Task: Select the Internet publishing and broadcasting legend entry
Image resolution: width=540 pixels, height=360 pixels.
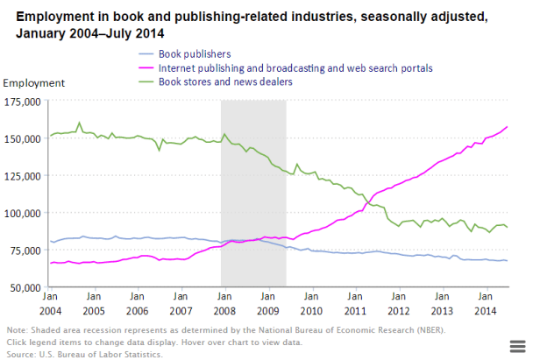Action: pos(295,67)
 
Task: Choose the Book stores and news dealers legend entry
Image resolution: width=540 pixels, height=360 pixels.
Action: pos(225,81)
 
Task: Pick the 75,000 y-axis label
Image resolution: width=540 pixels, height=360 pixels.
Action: pos(25,251)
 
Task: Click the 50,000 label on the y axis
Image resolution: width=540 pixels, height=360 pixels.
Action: pos(25,287)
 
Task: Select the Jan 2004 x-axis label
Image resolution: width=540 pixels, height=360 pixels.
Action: pos(50,305)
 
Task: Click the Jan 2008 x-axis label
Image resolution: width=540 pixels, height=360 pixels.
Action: pos(224,305)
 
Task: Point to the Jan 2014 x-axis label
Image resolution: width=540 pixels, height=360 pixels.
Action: pos(485,305)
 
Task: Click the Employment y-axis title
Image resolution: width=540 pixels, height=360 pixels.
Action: pos(34,83)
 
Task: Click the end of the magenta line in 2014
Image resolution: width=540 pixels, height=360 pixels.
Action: pos(507,127)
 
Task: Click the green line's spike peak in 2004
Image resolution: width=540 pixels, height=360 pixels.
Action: pos(80,123)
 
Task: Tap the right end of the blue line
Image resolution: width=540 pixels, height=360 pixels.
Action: pos(507,261)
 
